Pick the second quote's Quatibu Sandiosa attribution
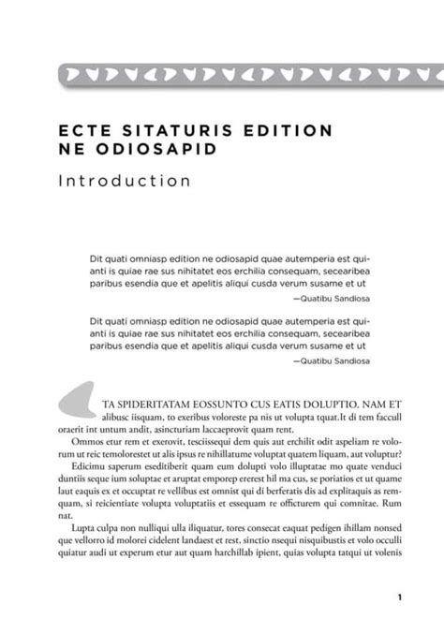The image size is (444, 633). tap(331, 360)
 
